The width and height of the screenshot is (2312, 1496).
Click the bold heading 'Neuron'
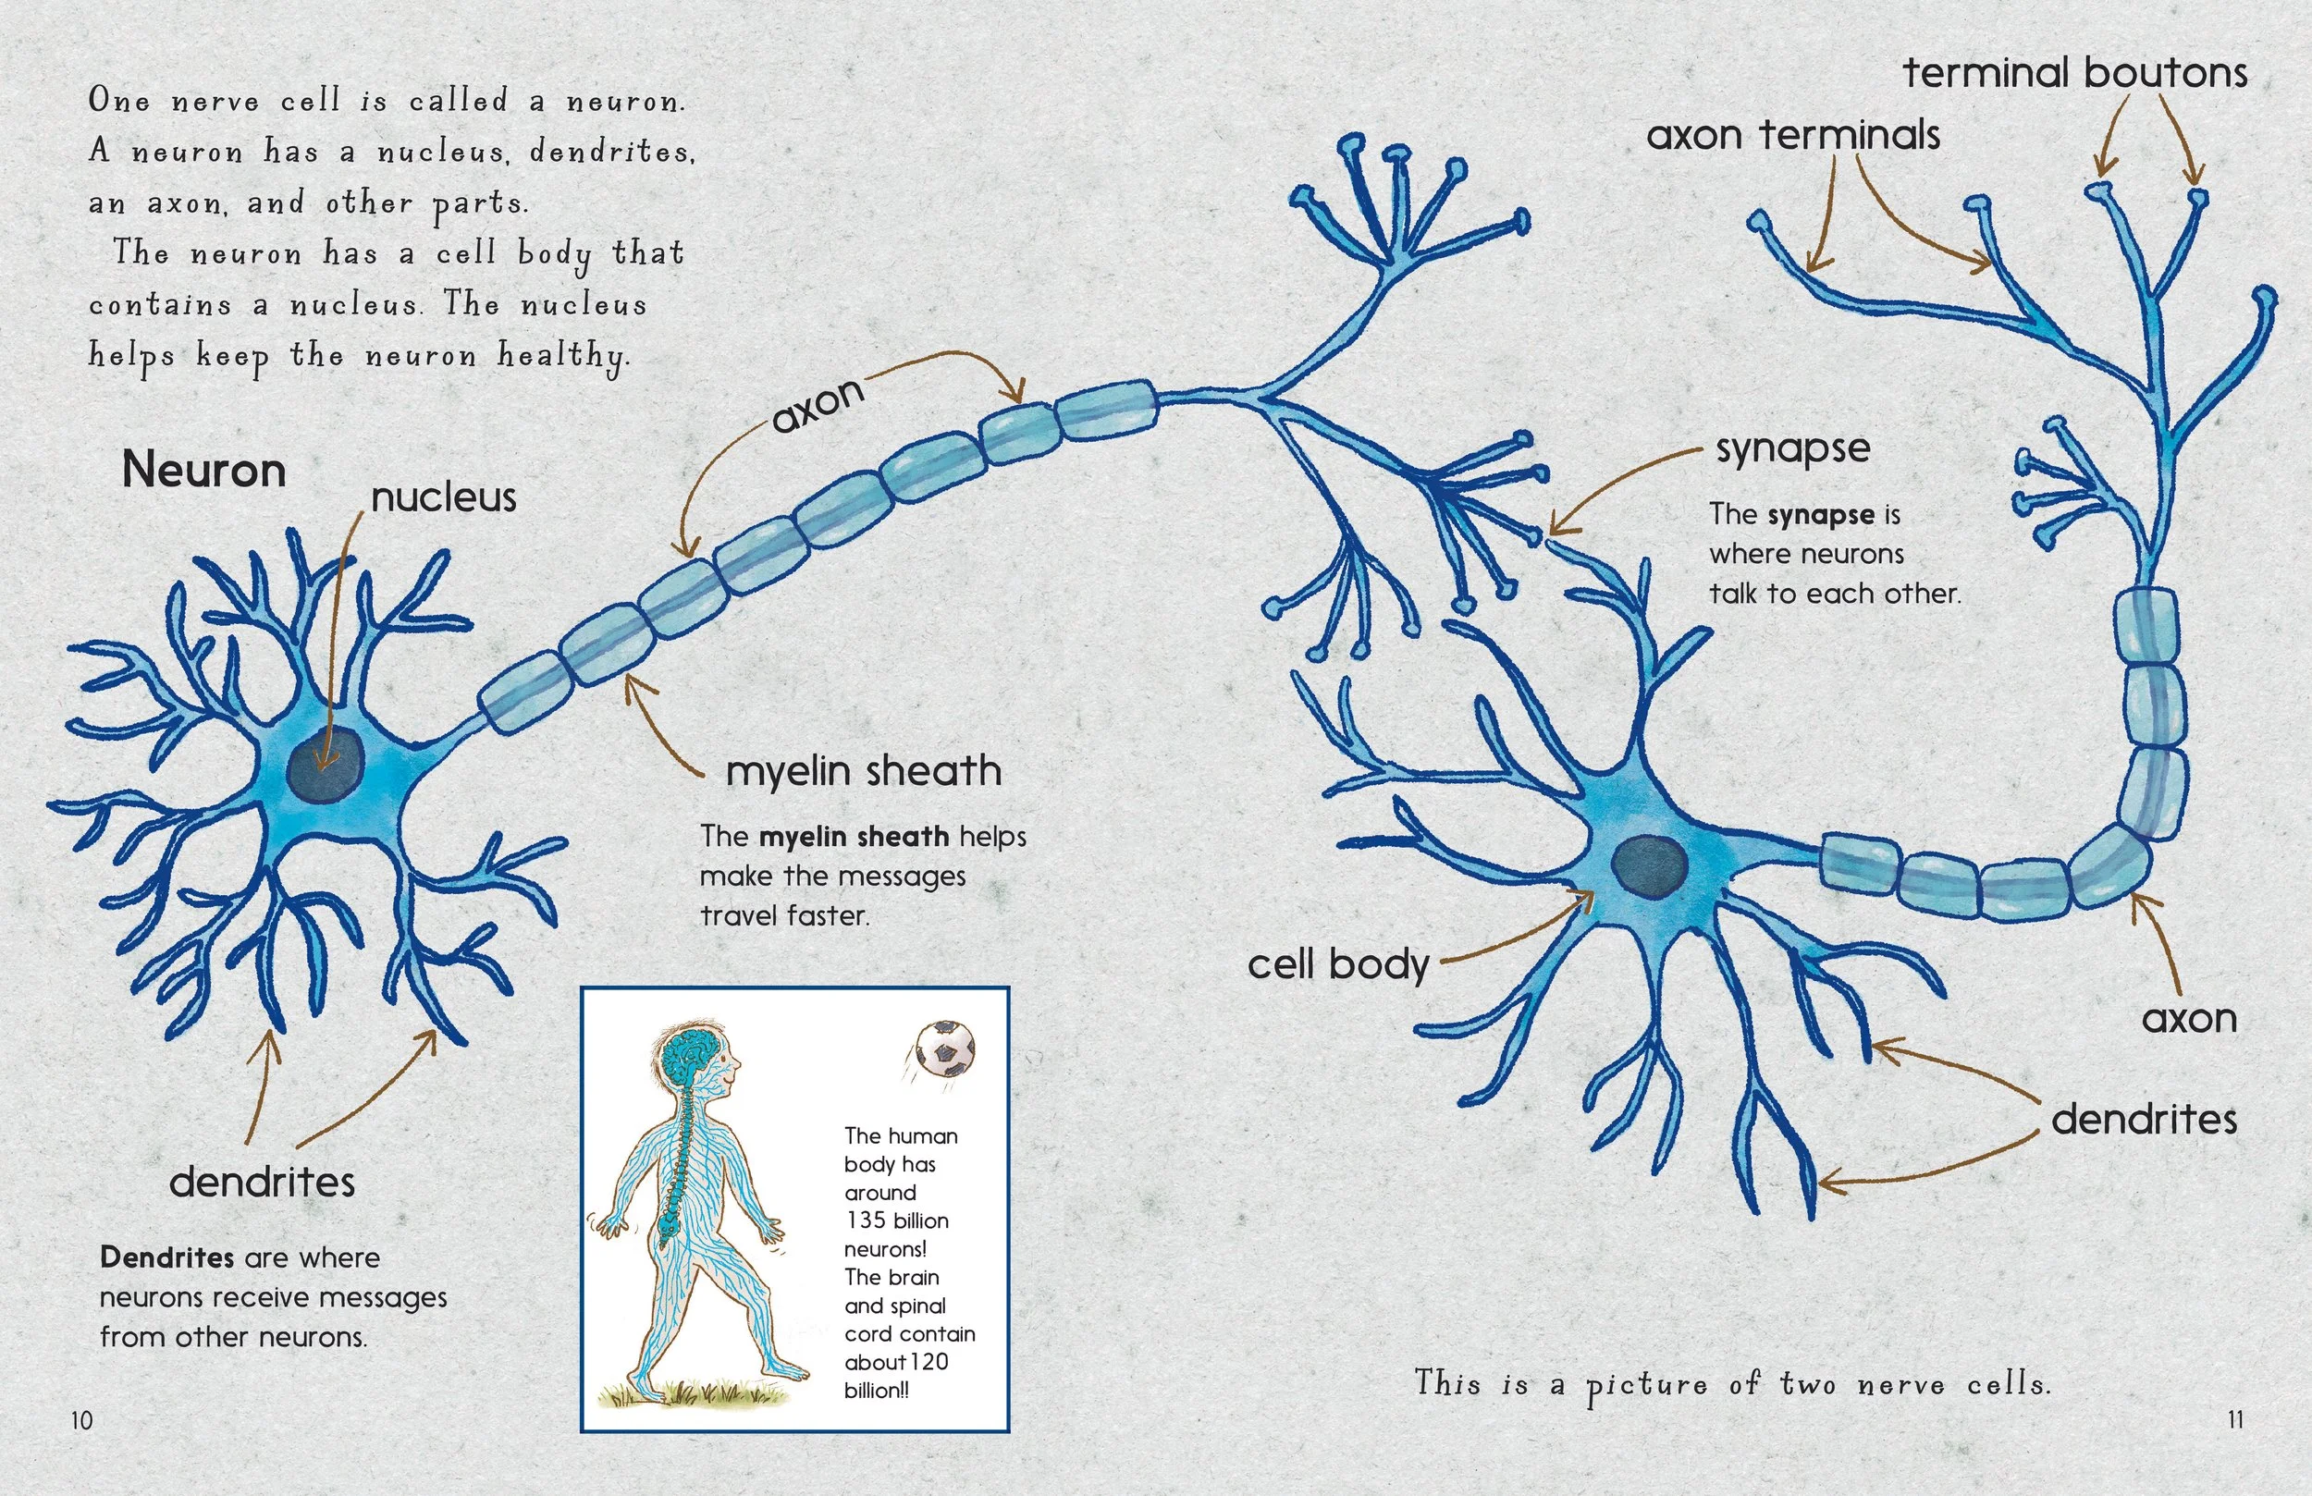[x=204, y=472]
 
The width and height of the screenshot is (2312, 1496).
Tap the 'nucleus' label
[x=444, y=497]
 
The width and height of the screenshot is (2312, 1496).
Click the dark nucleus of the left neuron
[x=326, y=765]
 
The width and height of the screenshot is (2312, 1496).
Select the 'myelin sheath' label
[x=864, y=771]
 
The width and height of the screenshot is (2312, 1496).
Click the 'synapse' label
[x=1792, y=448]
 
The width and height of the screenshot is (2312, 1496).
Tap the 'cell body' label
[x=1337, y=964]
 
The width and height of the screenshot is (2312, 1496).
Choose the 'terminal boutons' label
[x=2075, y=73]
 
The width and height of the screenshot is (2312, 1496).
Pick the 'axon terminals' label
[x=1793, y=135]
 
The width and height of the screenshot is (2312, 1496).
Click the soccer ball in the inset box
[x=945, y=1048]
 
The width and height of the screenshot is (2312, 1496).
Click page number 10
[x=81, y=1420]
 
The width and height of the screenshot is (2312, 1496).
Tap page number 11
[x=2235, y=1419]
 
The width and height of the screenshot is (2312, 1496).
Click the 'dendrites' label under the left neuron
[x=263, y=1183]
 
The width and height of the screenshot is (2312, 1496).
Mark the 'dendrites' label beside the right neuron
[x=2144, y=1120]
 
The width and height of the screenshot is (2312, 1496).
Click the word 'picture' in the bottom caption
[x=1646, y=1385]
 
